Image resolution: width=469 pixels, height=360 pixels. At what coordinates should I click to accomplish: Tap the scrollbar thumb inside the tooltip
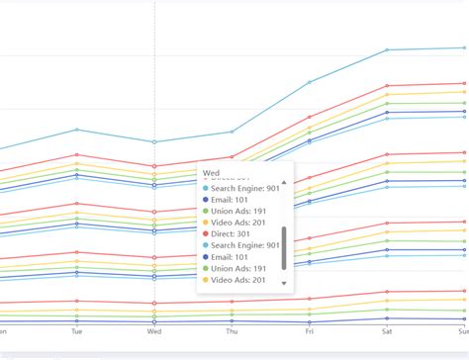tap(284, 247)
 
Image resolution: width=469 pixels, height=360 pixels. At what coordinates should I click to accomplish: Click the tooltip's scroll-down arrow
tap(284, 283)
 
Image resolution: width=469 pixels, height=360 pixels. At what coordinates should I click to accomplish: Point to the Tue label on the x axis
tap(76, 332)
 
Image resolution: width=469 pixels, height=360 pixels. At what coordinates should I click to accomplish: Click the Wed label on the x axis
tap(153, 332)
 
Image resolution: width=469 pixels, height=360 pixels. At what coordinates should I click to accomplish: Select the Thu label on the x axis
tap(232, 332)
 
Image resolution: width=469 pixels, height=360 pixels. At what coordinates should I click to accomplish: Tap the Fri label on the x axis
tap(309, 332)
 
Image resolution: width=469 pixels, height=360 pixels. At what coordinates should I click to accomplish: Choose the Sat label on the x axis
tap(387, 332)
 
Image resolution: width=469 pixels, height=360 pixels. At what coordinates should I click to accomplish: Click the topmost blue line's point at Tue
tap(76, 130)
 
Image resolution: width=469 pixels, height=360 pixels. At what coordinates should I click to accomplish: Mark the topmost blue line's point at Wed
tap(153, 142)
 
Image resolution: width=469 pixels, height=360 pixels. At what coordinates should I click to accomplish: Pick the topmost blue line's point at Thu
tap(232, 132)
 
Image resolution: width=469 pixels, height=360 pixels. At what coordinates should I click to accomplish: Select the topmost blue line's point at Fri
tap(309, 82)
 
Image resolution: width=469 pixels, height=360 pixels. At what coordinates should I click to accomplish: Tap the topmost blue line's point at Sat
tap(387, 49)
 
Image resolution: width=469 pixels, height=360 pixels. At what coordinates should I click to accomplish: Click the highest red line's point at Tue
tap(76, 154)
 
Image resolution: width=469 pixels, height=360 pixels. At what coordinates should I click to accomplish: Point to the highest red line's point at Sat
tap(387, 86)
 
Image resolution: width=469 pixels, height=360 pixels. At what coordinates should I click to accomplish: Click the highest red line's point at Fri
tap(309, 117)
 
